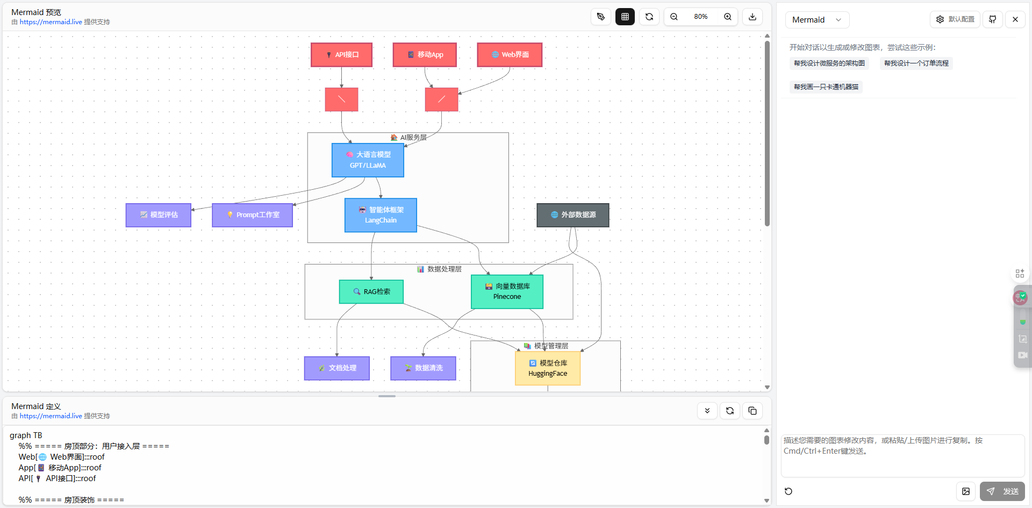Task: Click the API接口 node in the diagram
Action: (x=341, y=55)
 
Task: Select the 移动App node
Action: (x=425, y=55)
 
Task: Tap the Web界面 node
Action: (x=510, y=55)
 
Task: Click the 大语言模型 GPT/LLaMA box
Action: (x=368, y=160)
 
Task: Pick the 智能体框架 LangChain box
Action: (x=381, y=215)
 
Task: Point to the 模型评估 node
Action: (x=159, y=215)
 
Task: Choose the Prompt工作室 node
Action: (x=253, y=215)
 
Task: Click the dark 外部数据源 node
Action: (x=573, y=215)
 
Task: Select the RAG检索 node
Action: (x=371, y=292)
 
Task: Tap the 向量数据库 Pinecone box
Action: (x=507, y=292)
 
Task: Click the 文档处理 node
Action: (x=337, y=368)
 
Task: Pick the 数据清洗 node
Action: (x=423, y=368)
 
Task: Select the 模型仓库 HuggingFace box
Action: (x=548, y=368)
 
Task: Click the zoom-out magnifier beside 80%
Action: (x=674, y=17)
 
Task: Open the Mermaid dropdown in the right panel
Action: (x=817, y=20)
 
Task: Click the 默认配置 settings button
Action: (x=955, y=19)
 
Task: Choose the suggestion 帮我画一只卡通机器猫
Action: (x=826, y=87)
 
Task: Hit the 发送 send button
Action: (x=1002, y=491)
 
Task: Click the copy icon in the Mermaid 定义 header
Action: (x=752, y=411)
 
